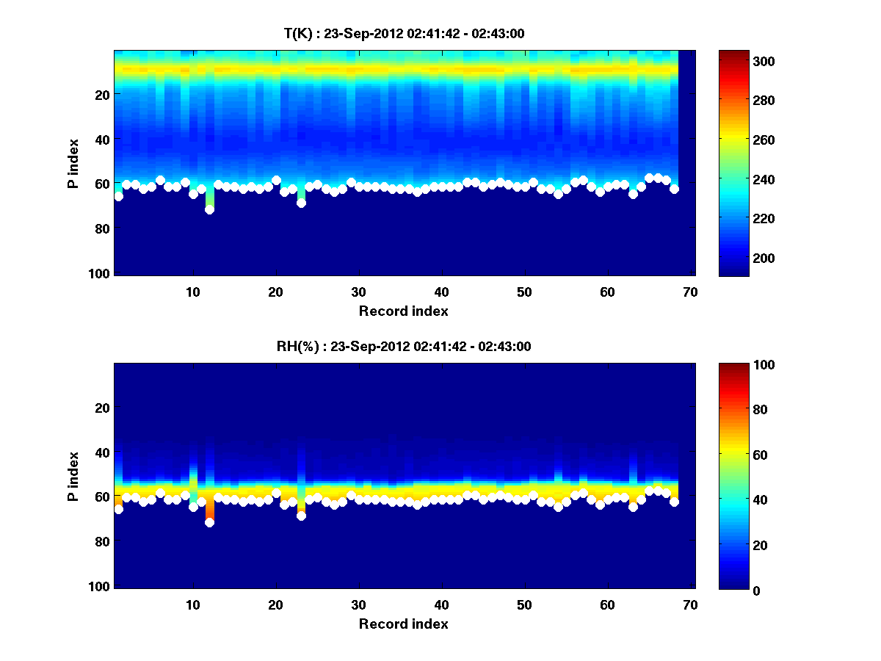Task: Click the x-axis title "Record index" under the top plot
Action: [x=403, y=311]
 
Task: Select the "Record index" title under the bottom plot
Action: [x=403, y=624]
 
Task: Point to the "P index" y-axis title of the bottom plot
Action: [x=73, y=475]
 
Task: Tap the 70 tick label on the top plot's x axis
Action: [x=689, y=292]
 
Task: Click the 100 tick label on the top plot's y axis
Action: [x=101, y=273]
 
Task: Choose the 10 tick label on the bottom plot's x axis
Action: [x=192, y=604]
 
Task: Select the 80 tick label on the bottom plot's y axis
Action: [x=104, y=541]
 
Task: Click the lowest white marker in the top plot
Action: [x=209, y=209]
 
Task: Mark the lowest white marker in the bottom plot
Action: [x=209, y=522]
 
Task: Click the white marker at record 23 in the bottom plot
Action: [x=301, y=516]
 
